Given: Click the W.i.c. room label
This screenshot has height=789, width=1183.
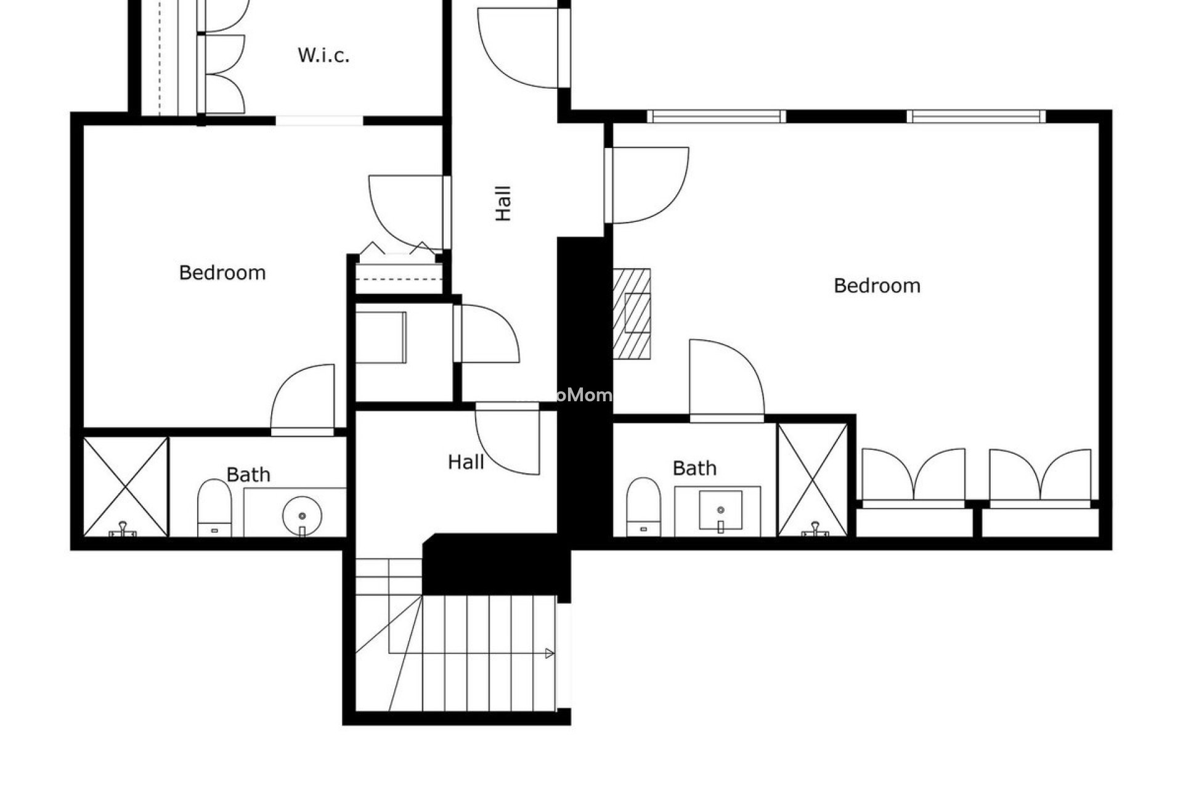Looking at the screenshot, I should point(323,55).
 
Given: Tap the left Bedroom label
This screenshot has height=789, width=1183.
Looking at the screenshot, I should point(222,272).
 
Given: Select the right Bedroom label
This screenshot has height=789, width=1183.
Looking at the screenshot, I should point(877,285).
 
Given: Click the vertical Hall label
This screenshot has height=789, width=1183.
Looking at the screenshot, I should point(503,203).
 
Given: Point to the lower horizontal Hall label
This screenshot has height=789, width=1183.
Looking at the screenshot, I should point(466,462).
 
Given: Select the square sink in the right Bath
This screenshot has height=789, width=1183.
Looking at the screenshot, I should point(720,510).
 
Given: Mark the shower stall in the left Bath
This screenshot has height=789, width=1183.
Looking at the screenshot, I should point(126,486).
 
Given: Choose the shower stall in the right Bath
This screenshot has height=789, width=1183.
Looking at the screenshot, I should point(813,479).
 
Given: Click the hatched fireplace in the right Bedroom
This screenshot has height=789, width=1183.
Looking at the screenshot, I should point(632,314).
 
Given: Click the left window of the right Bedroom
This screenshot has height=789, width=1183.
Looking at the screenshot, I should point(716,116).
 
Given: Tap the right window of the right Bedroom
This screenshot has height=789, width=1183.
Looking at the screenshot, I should point(976,116).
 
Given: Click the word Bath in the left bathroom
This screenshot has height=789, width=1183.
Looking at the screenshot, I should point(248,475).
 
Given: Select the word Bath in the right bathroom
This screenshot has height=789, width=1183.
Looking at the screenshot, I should point(694,468).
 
